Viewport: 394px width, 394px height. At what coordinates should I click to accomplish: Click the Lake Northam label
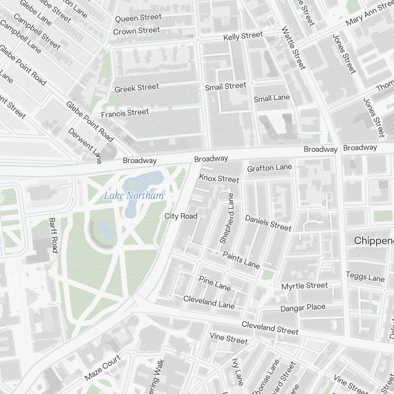pos(134,195)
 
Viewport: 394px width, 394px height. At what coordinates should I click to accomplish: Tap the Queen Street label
pos(138,18)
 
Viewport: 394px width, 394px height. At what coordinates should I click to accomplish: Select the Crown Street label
pos(136,31)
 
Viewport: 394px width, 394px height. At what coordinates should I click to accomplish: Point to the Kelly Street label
pos(243,36)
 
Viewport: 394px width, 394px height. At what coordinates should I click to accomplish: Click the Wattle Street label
pos(294,48)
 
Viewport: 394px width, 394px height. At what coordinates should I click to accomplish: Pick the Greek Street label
pos(137,88)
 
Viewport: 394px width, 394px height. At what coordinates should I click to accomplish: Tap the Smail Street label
pos(225,86)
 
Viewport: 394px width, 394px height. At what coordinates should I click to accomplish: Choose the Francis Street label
pos(125,113)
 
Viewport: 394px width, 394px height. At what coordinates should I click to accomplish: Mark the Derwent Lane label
pos(85,145)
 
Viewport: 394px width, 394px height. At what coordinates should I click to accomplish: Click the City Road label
pos(181,216)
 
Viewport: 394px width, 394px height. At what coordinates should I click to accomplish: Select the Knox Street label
pos(219,178)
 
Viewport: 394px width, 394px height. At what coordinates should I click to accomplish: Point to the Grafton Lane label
pos(269,168)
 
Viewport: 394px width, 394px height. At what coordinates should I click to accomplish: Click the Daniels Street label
pos(268,223)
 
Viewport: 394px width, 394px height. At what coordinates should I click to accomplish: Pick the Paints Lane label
pos(241,260)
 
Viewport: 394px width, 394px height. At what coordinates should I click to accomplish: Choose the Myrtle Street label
pos(304,286)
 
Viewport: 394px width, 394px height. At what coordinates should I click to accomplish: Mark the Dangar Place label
pos(303,308)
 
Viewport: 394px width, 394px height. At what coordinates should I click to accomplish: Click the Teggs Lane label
pos(365,277)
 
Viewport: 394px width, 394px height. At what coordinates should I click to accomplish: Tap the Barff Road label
pos(53,235)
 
